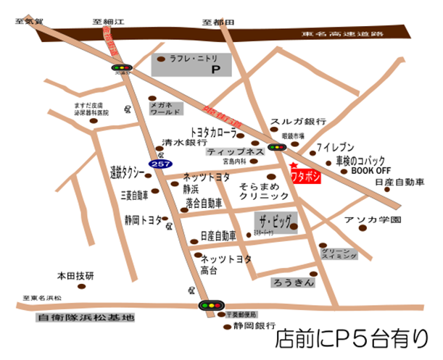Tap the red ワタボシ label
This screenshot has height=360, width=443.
click(306, 175)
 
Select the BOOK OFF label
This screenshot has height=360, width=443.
click(370, 171)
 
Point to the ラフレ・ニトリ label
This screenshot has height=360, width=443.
click(192, 59)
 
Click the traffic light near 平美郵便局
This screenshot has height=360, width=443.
click(210, 306)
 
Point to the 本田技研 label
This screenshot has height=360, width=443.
click(75, 276)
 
